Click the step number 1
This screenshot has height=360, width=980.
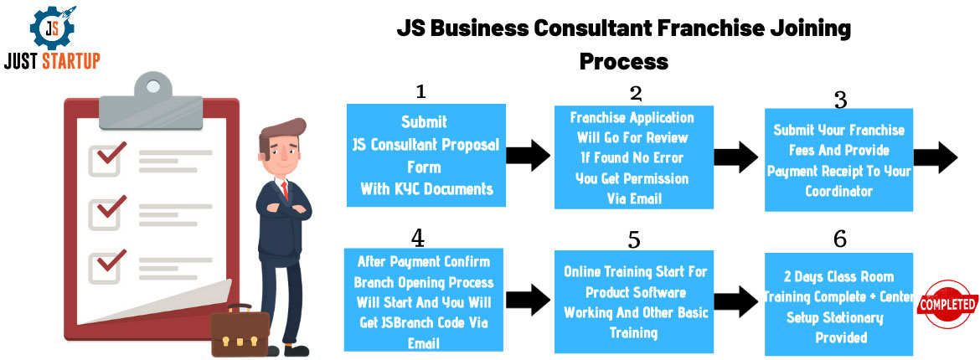[420, 91]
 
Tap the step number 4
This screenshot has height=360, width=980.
[417, 238]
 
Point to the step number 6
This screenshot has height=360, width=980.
[840, 239]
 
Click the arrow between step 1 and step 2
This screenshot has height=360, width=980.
[529, 155]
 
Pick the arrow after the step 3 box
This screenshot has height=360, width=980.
[935, 157]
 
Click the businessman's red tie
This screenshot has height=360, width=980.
[285, 191]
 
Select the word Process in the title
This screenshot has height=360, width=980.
[624, 61]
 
